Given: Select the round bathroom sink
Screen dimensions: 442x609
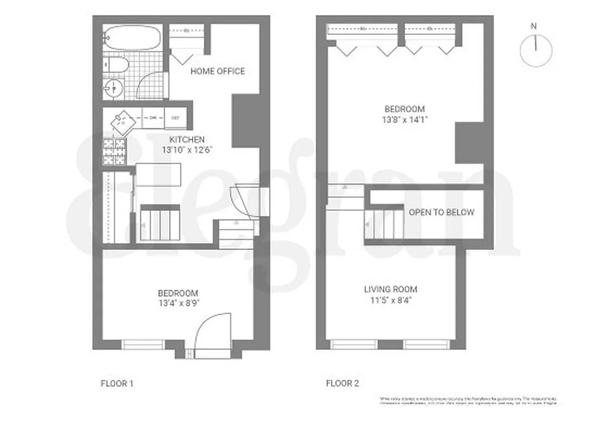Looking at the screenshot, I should [114, 87].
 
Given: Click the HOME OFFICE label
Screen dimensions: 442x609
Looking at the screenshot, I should [218, 71].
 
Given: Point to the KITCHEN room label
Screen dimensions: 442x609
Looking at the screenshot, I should [187, 140].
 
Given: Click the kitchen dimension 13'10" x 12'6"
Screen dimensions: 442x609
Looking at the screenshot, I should [187, 150].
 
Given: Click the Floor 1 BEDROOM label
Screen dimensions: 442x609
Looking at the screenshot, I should [178, 293].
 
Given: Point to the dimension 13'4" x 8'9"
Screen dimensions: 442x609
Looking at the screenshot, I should [178, 303].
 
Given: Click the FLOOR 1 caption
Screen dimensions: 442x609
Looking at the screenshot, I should [117, 383].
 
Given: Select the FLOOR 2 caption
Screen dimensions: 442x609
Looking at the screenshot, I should [343, 383].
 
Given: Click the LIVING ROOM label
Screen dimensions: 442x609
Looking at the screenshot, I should [390, 290].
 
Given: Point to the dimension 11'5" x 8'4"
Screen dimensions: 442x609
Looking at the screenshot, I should [390, 301].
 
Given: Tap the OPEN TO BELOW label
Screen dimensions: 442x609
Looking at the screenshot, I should [441, 212].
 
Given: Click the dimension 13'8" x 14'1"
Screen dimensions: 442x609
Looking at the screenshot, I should [405, 119].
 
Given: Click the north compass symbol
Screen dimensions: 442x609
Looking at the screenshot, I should [536, 50].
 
